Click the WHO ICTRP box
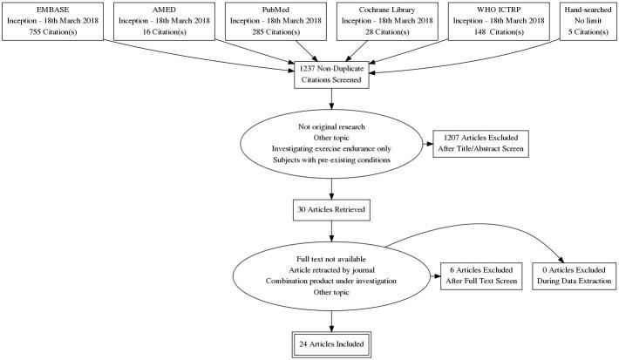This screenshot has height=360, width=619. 499,22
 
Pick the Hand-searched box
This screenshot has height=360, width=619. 587,22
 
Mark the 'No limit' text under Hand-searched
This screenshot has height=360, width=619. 587,22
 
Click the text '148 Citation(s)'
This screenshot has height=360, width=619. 499,33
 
